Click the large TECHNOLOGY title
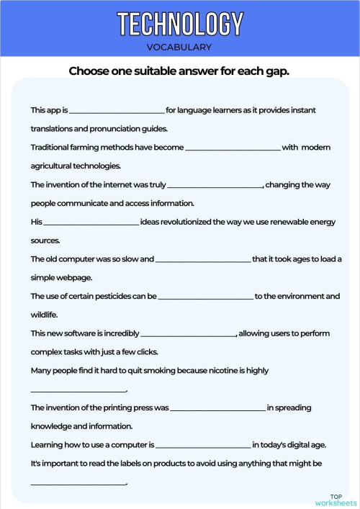click(179, 24)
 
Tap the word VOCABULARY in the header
click(179, 48)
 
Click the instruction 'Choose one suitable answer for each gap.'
click(179, 71)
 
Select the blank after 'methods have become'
click(233, 148)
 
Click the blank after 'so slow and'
click(203, 259)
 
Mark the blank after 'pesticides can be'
click(206, 297)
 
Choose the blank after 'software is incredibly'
click(189, 334)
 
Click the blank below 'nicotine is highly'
click(78, 390)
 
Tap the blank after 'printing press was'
click(218, 408)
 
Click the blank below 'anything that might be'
click(78, 482)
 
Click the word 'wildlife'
click(44, 315)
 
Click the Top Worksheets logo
click(336, 500)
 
